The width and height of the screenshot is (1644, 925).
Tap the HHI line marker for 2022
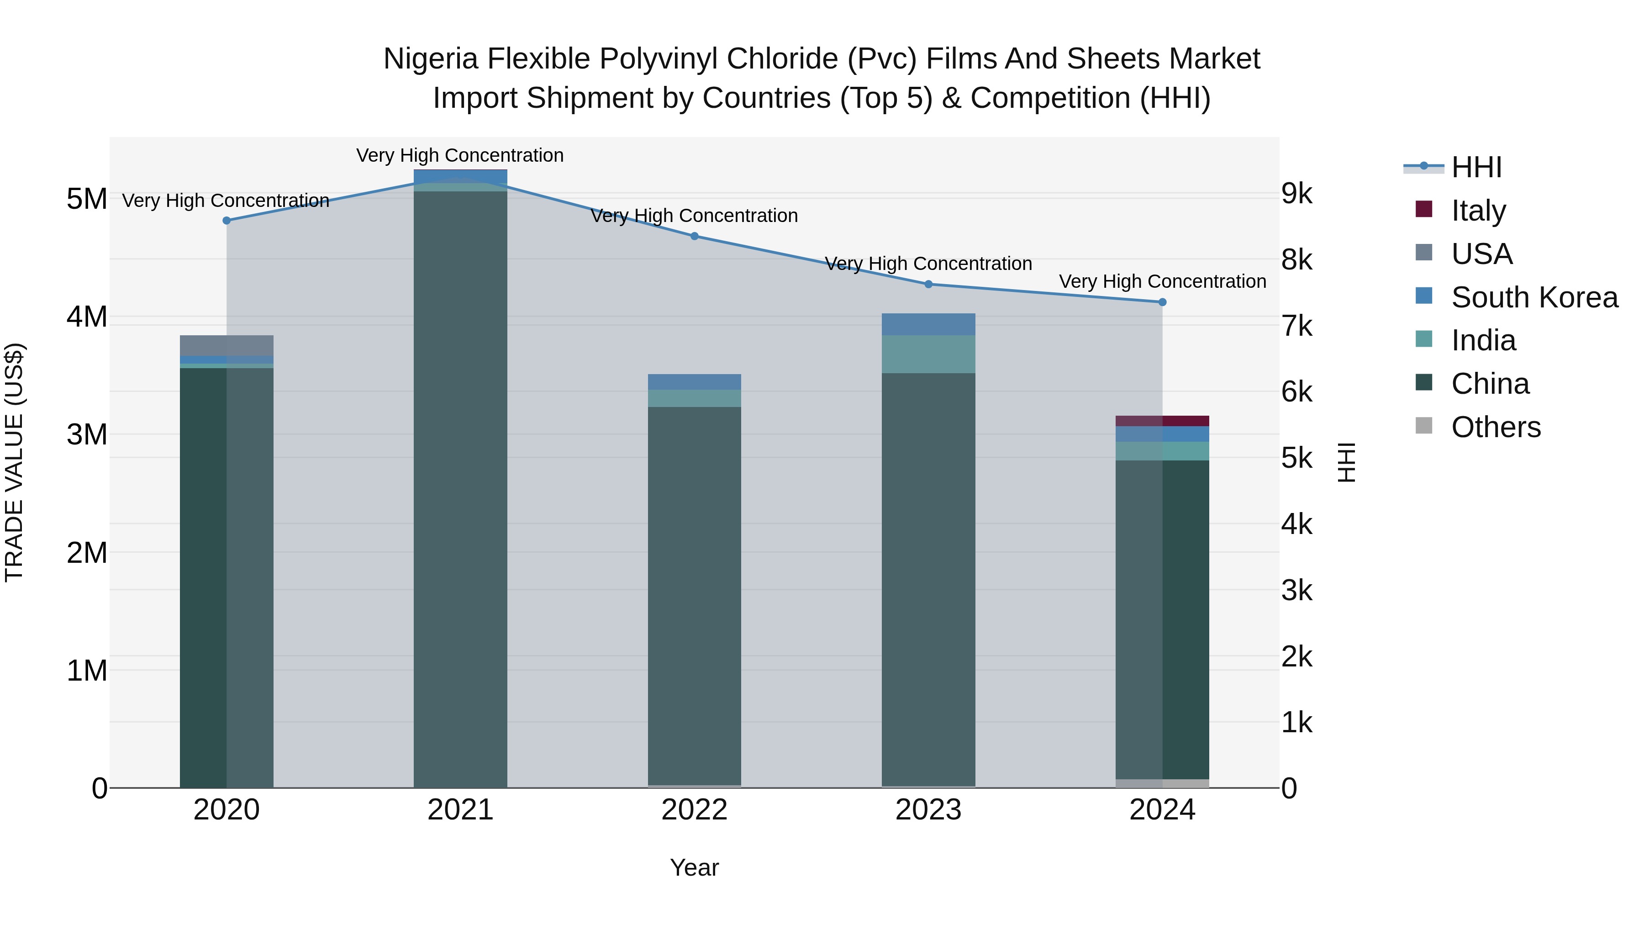click(x=694, y=236)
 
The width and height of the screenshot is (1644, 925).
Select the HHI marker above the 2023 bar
click(x=928, y=284)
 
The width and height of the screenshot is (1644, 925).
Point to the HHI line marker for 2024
click(x=1162, y=302)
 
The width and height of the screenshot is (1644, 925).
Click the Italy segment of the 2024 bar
click(x=1162, y=421)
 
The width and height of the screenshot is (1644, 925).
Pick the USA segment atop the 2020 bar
click(x=227, y=345)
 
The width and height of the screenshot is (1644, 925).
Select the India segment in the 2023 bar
click(x=928, y=354)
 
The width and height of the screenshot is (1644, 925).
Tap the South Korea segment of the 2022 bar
click(x=694, y=382)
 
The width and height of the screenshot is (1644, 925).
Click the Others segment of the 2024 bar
click(x=1162, y=783)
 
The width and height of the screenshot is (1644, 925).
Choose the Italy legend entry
click(x=1478, y=211)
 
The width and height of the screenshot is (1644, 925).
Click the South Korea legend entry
click(x=1534, y=297)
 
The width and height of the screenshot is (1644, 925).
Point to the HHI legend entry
click(x=1476, y=167)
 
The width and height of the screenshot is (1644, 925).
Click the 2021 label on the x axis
click(x=460, y=810)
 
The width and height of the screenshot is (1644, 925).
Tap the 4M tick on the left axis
click(x=87, y=317)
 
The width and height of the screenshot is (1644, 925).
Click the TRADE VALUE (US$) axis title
click(x=14, y=462)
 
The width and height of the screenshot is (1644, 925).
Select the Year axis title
click(x=694, y=867)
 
